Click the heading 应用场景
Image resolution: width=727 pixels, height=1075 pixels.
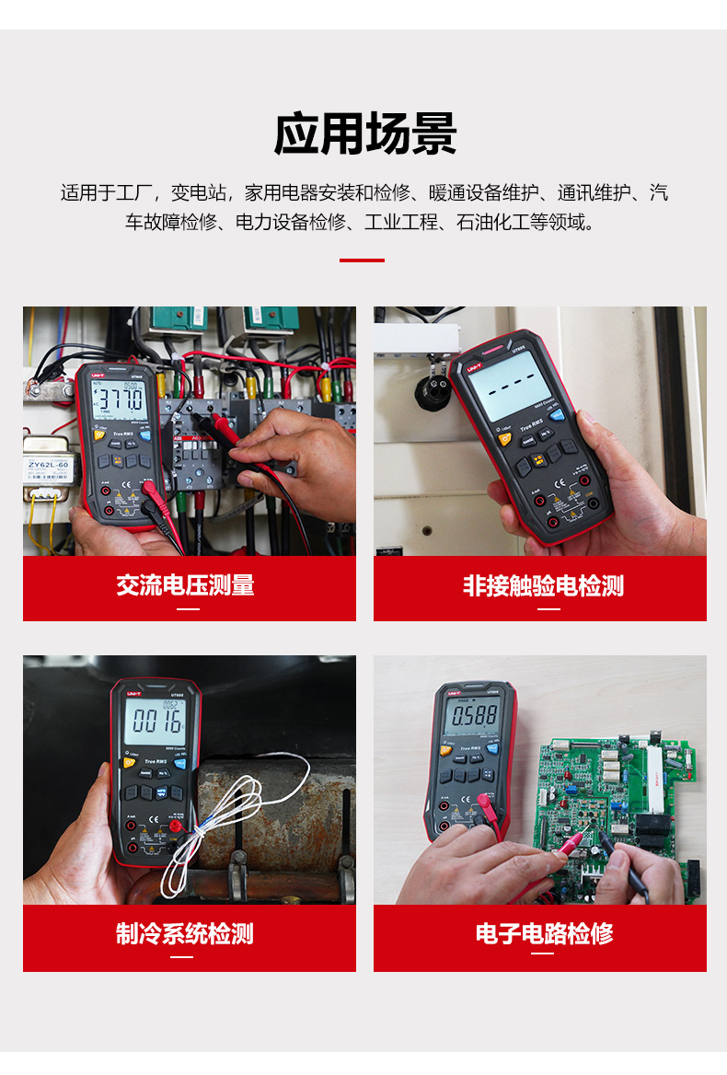(x=364, y=135)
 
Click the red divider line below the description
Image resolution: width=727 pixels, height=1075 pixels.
(x=362, y=260)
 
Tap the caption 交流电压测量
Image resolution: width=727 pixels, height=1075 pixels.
(x=186, y=585)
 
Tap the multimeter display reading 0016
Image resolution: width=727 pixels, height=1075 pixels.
(x=155, y=720)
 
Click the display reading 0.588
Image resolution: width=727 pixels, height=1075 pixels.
(x=473, y=714)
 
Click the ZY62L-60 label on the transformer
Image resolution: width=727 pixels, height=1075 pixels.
(x=47, y=466)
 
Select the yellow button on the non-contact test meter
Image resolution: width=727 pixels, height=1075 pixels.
(x=505, y=438)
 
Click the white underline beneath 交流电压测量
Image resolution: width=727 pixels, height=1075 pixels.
(x=188, y=608)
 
